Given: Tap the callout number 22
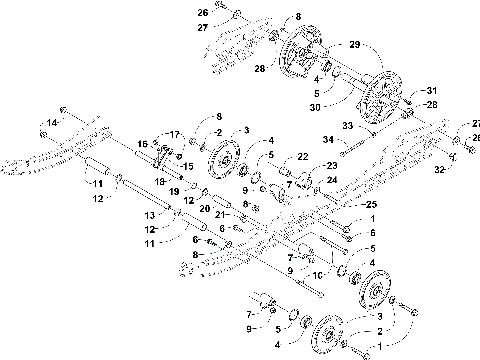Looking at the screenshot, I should [300, 157].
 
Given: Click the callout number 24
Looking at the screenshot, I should [332, 180].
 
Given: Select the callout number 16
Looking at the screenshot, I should [141, 143].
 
